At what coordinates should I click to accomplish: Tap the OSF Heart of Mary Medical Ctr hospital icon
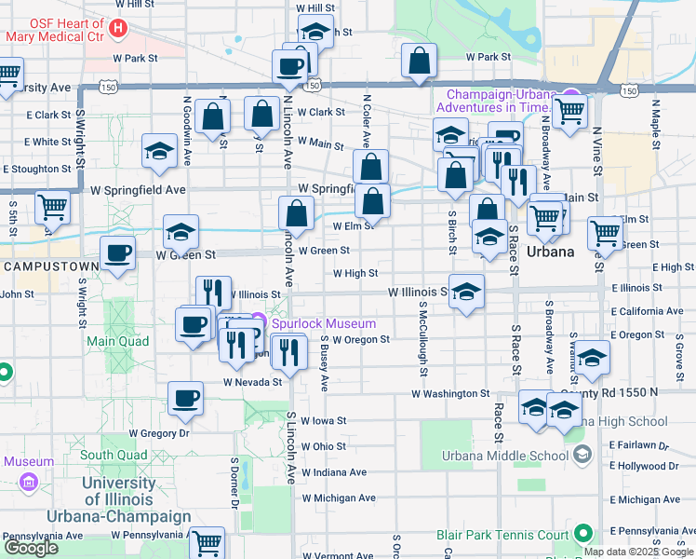[117, 29]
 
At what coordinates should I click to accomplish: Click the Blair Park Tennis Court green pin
[582, 535]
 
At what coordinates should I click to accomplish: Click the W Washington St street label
[450, 394]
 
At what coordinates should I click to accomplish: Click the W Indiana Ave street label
[334, 472]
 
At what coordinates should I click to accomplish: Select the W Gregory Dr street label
[159, 433]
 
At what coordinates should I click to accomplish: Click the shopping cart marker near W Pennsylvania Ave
[207, 541]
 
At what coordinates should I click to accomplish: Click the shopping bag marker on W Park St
[420, 61]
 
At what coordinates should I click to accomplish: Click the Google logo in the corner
[31, 547]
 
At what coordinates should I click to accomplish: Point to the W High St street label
[355, 274]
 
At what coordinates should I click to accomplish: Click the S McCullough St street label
[422, 339]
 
